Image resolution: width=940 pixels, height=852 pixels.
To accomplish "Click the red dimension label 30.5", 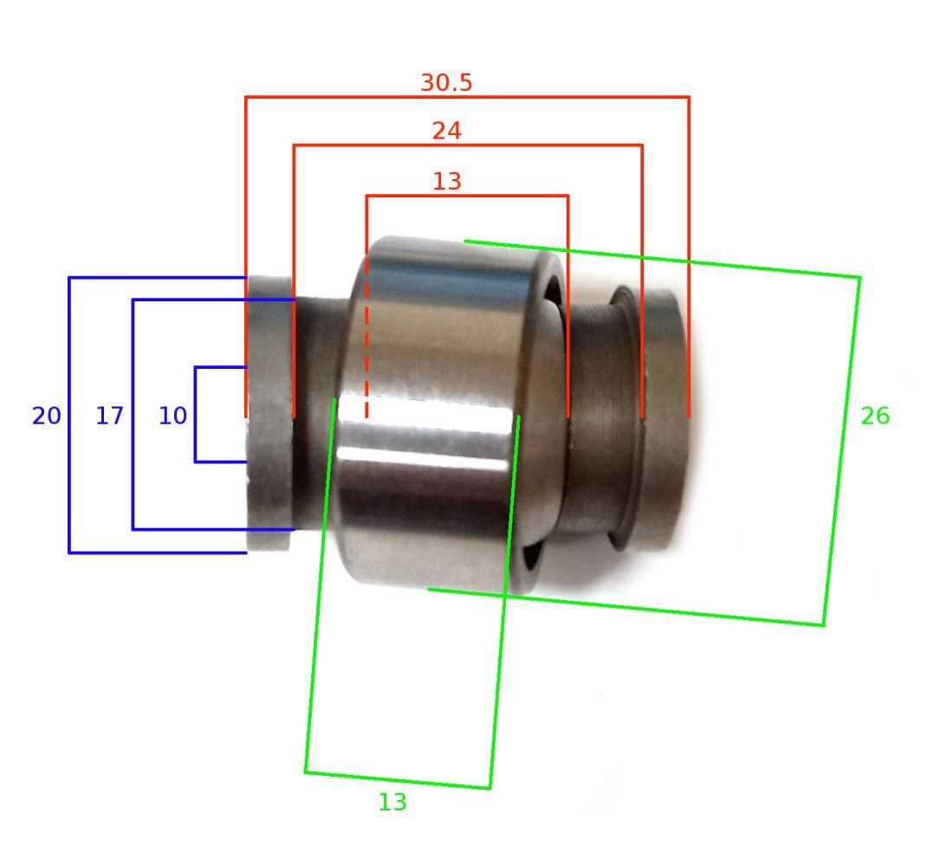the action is [447, 82].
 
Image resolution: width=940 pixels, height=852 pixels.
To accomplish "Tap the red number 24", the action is [447, 132].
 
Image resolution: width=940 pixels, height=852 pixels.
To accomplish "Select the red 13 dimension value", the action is [447, 182].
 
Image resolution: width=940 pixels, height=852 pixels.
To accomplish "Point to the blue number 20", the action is [46, 416].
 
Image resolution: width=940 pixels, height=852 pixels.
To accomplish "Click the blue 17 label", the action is [109, 416].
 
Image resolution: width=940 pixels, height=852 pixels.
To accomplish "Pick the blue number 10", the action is [172, 416].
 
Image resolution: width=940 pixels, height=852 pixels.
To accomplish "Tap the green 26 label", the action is [875, 416].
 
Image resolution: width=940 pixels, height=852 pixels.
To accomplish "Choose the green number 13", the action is [392, 803].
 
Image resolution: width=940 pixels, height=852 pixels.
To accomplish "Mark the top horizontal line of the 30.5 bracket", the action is [467, 96].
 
